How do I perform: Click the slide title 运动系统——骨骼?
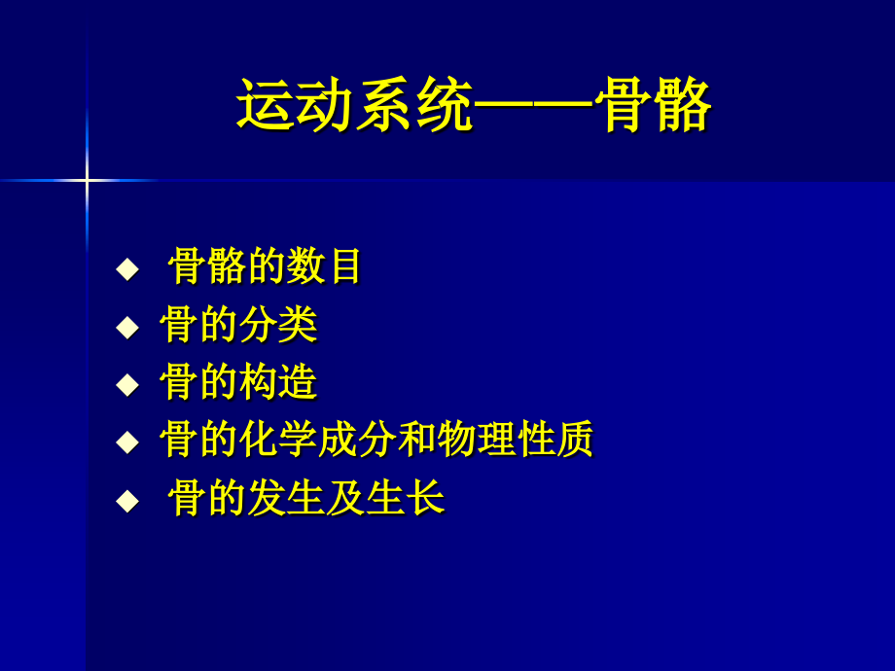474,105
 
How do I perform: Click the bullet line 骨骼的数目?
265,265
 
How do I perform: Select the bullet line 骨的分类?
238,325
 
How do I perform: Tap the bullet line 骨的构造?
238,382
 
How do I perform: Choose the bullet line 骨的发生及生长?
305,499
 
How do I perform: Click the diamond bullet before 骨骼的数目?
127,268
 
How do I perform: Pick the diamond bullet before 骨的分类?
127,327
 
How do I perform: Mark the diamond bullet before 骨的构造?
127,384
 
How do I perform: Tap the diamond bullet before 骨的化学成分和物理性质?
127,442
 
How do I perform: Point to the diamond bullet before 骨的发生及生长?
127,501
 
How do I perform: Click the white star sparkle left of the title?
87,180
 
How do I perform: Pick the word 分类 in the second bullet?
278,325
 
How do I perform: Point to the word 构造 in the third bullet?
278,382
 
